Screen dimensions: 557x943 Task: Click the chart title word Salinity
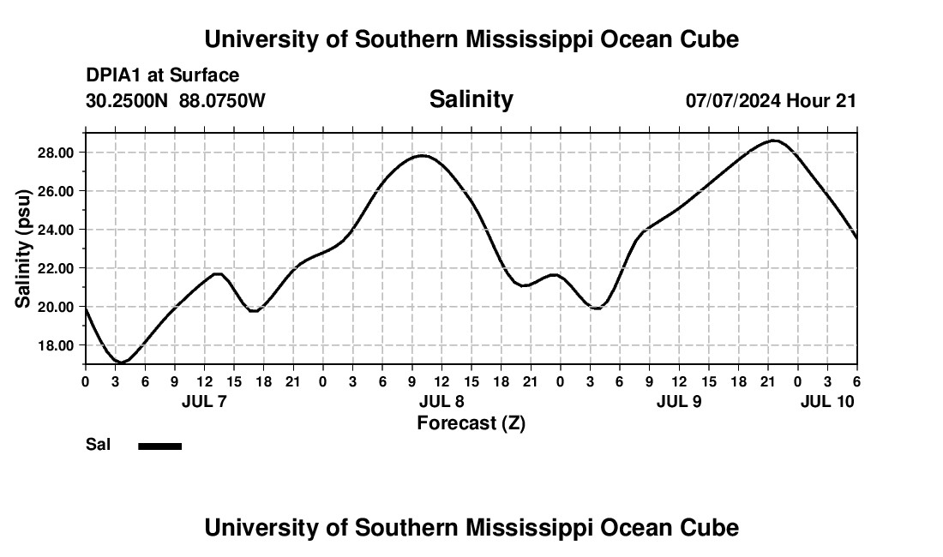coord(471,99)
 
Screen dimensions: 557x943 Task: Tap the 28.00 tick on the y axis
coord(56,153)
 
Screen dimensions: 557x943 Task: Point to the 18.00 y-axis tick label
coord(56,345)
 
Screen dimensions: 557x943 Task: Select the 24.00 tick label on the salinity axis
coord(56,230)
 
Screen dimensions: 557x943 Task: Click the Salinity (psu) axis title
coord(24,249)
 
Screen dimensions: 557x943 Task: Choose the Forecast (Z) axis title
coord(471,422)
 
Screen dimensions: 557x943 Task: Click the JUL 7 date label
coord(204,401)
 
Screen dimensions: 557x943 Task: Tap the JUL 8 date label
coord(441,401)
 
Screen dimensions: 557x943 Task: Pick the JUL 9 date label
coord(679,401)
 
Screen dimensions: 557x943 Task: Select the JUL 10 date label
coord(827,401)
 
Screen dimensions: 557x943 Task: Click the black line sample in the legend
coord(159,446)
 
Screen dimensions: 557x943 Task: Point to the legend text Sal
coord(98,445)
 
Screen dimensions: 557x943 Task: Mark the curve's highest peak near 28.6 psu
coord(774,141)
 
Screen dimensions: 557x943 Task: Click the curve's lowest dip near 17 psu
coord(122,362)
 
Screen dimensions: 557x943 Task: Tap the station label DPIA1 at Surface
coord(162,75)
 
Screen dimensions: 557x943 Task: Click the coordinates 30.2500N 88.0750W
coord(176,100)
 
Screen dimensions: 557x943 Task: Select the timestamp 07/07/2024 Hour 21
coord(771,100)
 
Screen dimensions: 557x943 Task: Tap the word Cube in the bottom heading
coord(713,527)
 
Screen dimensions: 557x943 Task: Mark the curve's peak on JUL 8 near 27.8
coord(422,156)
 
